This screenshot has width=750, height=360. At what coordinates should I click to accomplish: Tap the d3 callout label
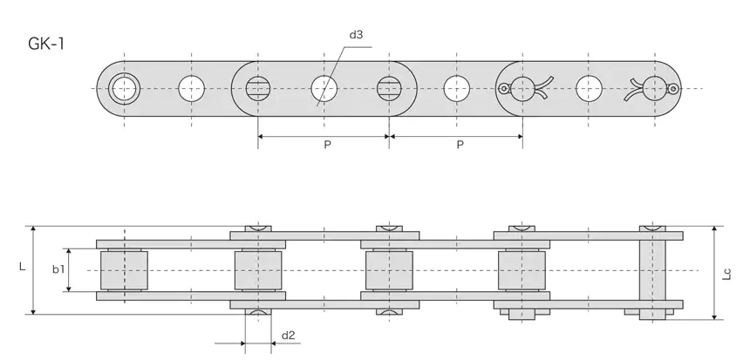pos(356,36)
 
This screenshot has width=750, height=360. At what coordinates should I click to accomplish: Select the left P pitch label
pos(326,145)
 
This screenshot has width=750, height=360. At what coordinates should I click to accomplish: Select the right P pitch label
pos(459,145)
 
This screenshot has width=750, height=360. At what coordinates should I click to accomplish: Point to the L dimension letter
pos(22,269)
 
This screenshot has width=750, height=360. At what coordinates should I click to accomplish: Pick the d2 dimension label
pos(289,335)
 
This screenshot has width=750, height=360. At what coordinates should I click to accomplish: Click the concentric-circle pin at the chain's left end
pos(125,87)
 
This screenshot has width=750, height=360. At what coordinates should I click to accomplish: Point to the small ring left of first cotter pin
pos(503,87)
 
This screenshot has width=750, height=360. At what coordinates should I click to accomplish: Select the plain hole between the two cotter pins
pos(589,87)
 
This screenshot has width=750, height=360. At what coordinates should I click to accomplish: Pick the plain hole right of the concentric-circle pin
pos(191,87)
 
